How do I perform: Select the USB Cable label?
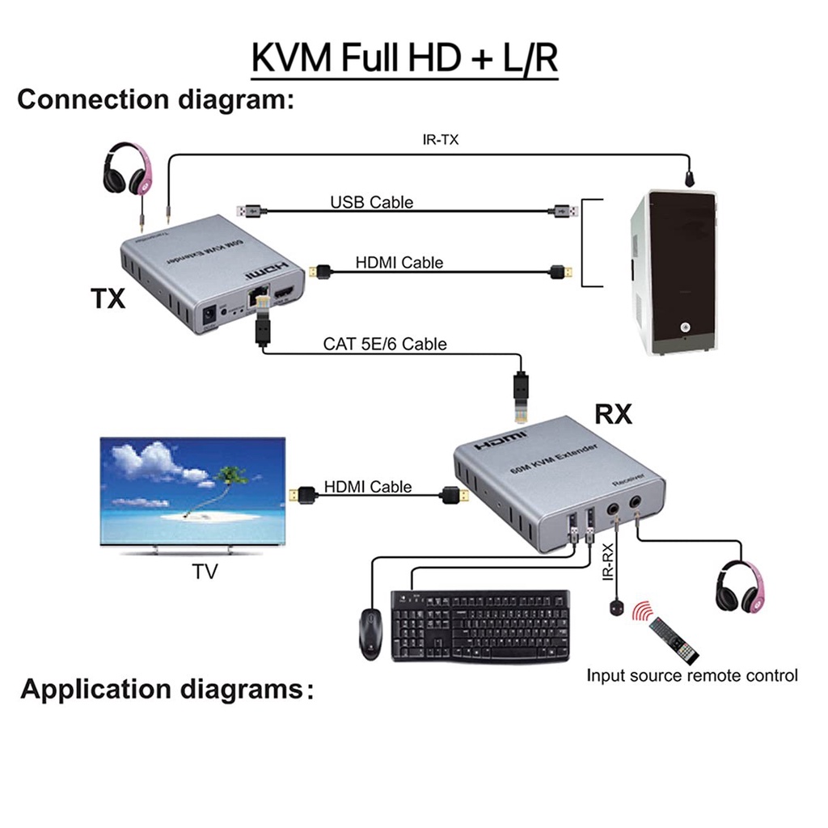[x=371, y=202]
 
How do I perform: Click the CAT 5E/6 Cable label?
[x=385, y=344]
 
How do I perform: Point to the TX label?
[x=108, y=299]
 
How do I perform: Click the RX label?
[x=613, y=415]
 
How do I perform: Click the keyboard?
[x=479, y=624]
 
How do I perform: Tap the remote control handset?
[x=674, y=638]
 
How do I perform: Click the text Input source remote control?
[x=692, y=675]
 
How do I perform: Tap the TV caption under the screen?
[x=205, y=572]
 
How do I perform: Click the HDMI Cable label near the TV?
[x=368, y=487]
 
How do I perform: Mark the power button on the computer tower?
[x=686, y=327]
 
